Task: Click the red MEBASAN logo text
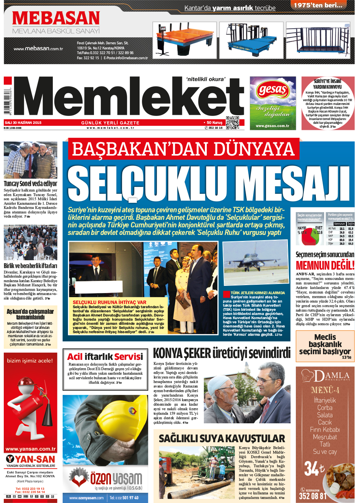pyautogui.click(x=56, y=18)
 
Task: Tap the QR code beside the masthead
pyautogui.click(x=232, y=123)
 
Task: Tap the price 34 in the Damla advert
pyautogui.click(x=312, y=469)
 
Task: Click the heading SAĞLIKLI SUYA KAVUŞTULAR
pyautogui.click(x=222, y=438)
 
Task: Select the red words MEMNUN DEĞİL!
pyautogui.click(x=325, y=265)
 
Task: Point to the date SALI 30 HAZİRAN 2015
pyautogui.click(x=23, y=123)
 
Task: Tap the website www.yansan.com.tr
pyautogui.click(x=31, y=449)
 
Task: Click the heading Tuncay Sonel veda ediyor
pyautogui.click(x=31, y=184)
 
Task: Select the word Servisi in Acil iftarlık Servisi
pyautogui.click(x=129, y=356)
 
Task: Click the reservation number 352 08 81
pyautogui.click(x=312, y=496)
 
